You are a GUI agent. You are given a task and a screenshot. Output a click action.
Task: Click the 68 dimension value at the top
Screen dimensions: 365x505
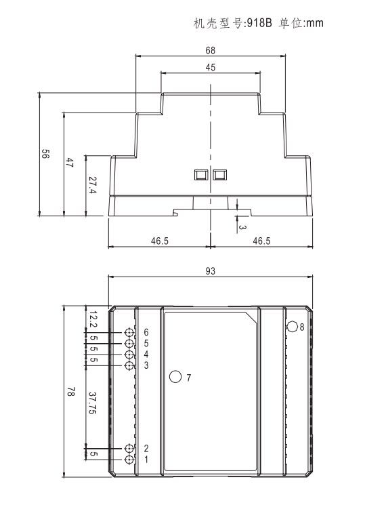click(x=210, y=50)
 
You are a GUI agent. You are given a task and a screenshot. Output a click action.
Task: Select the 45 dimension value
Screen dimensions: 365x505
click(x=210, y=67)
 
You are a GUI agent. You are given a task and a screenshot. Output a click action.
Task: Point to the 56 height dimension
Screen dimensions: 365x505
click(x=45, y=154)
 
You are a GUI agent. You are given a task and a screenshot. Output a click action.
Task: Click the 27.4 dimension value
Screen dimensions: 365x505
click(x=93, y=185)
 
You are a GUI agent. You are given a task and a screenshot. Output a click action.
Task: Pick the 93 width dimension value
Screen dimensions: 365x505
click(x=210, y=271)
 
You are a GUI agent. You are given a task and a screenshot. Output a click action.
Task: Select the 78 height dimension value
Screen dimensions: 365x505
click(x=71, y=392)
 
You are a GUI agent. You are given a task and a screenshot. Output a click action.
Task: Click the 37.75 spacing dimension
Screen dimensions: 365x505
click(x=93, y=403)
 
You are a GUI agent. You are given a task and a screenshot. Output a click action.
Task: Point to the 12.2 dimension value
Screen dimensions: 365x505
click(x=93, y=319)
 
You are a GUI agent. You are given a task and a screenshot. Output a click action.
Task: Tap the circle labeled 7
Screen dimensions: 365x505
click(x=175, y=376)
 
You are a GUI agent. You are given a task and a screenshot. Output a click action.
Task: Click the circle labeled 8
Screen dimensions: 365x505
click(x=293, y=326)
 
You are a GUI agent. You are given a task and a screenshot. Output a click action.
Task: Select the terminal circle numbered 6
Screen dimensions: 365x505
click(x=129, y=332)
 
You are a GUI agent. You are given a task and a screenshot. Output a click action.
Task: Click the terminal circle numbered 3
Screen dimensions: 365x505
click(x=129, y=365)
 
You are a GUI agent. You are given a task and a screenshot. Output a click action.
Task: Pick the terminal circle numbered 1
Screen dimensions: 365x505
click(x=129, y=460)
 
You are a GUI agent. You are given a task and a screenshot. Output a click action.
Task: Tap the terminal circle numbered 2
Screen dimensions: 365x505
click(x=129, y=448)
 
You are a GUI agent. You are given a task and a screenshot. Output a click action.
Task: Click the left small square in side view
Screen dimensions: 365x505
click(x=201, y=175)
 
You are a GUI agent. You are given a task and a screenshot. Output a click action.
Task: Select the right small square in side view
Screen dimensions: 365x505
click(x=220, y=175)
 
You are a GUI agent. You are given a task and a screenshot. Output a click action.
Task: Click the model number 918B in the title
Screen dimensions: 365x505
click(x=259, y=23)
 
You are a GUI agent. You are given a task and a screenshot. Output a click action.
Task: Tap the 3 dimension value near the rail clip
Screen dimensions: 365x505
click(x=242, y=227)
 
